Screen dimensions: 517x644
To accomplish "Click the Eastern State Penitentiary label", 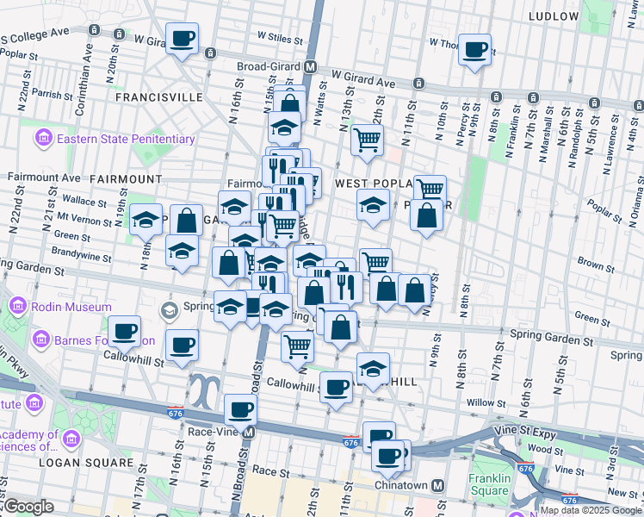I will (x=126, y=139).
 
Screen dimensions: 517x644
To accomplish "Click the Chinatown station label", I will (x=401, y=486).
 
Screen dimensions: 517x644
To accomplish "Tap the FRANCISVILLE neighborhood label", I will (x=158, y=97).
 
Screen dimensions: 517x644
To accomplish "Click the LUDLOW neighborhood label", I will (x=554, y=16).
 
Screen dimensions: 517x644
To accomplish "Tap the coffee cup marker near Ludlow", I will (x=474, y=50).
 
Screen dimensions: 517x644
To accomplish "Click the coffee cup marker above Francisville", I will (x=183, y=39).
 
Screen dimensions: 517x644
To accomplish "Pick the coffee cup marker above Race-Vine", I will (x=240, y=410).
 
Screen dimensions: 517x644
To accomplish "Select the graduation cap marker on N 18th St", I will (x=146, y=219).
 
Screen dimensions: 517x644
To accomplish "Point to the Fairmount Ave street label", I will (x=37, y=177).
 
